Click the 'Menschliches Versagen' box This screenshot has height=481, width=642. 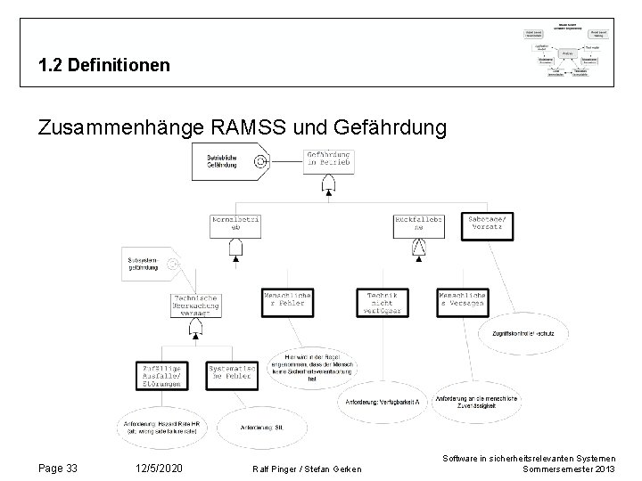click(x=462, y=299)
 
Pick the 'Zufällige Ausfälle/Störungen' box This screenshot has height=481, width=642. click(x=161, y=377)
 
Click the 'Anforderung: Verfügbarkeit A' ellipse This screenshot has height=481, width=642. click(x=381, y=401)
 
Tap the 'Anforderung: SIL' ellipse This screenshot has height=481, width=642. click(x=261, y=427)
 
